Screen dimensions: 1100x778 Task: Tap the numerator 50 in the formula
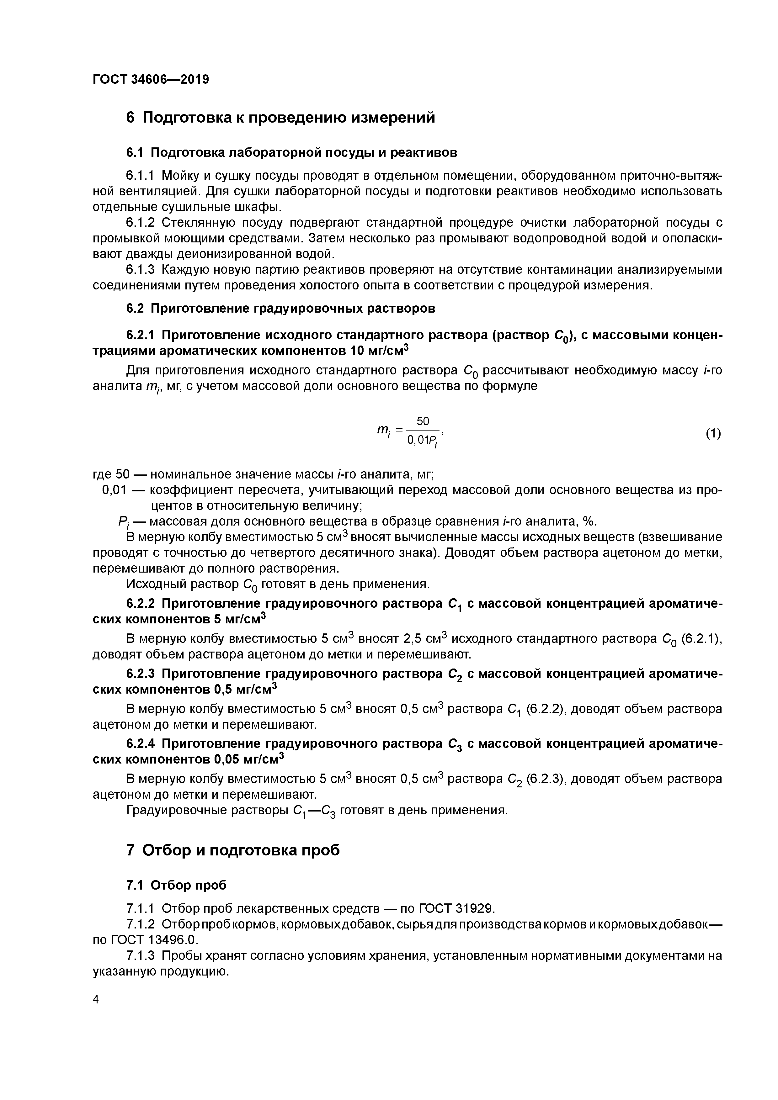pos(423,421)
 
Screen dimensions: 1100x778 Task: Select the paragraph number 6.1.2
pos(141,223)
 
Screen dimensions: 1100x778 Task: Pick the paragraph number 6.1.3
pos(141,270)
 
